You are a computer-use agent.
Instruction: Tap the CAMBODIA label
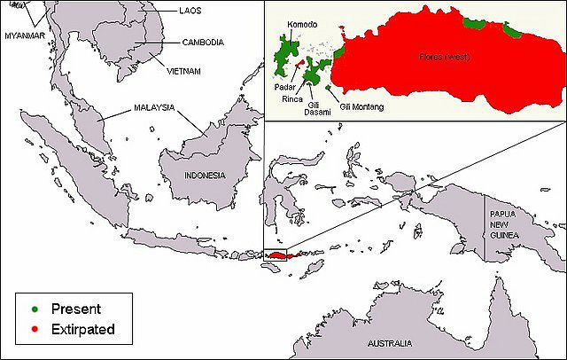pyautogui.click(x=203, y=42)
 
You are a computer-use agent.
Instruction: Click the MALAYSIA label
pyautogui.click(x=154, y=107)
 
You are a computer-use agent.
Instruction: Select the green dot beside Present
pyautogui.click(x=34, y=309)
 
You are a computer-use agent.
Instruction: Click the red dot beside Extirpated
pyautogui.click(x=34, y=330)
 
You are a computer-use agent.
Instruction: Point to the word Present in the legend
pyautogui.click(x=76, y=309)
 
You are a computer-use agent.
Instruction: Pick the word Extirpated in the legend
pyautogui.click(x=84, y=330)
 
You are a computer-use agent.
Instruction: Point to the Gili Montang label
pyautogui.click(x=362, y=107)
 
